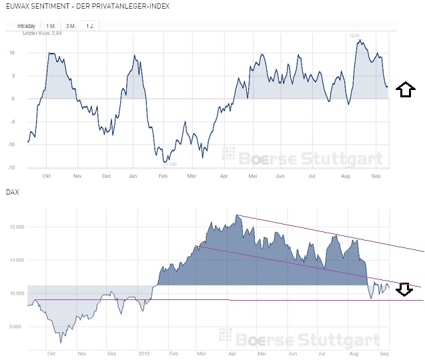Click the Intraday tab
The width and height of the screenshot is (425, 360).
tap(26, 26)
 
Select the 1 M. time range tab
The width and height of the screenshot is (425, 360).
tap(51, 26)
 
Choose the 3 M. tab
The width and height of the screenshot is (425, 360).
tap(70, 26)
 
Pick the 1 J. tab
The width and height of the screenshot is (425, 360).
tap(89, 26)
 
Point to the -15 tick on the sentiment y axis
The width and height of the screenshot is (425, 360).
tap(11, 168)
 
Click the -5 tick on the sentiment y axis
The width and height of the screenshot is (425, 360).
tap(13, 122)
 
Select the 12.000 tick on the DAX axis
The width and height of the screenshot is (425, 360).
tap(15, 227)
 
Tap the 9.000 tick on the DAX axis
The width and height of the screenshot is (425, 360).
tap(17, 327)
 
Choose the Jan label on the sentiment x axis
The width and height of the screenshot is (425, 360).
tap(132, 177)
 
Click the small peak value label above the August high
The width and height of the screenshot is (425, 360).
tap(355, 35)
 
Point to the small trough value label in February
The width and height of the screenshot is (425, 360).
tap(171, 164)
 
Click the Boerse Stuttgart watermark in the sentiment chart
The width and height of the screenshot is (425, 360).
tap(303, 157)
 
